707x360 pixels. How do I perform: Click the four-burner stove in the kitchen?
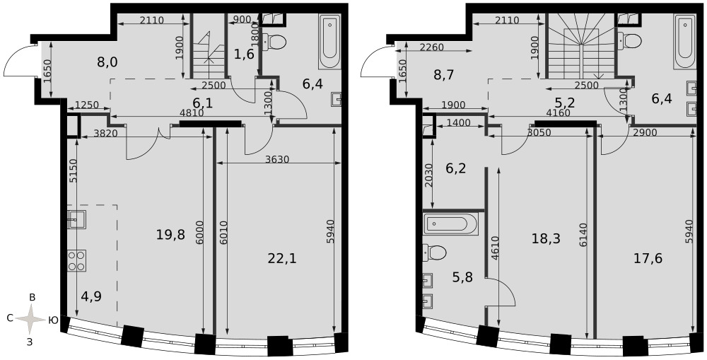[76, 260]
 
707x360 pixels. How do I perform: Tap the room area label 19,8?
[171, 235]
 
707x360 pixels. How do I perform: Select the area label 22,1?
[282, 258]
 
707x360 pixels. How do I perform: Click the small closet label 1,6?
[245, 54]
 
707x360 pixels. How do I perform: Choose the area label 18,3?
[546, 238]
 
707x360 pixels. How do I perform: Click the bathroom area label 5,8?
[463, 277]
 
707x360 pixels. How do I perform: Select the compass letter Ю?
[53, 320]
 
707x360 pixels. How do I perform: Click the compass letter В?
[33, 297]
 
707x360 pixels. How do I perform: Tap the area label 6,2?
[443, 169]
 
